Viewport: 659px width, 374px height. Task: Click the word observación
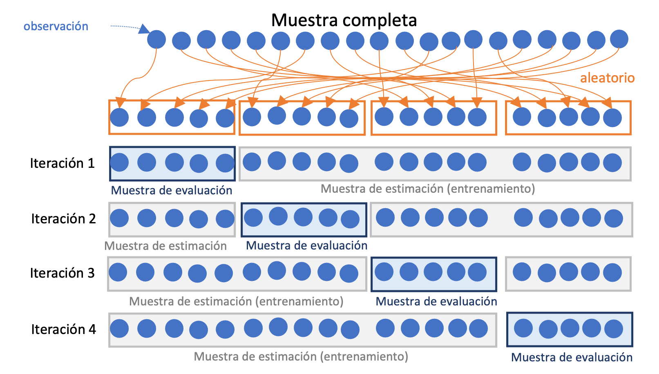pos(56,27)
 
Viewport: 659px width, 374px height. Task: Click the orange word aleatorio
pos(607,78)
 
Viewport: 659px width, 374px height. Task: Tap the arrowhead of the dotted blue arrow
pos(144,29)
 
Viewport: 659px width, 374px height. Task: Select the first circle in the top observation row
pos(156,40)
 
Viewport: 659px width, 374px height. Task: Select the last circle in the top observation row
pos(619,39)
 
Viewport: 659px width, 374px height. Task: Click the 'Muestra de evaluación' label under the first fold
pos(172,190)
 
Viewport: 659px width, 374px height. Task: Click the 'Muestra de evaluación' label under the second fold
pos(306,245)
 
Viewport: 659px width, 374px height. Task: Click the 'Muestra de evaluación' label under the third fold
pos(436,301)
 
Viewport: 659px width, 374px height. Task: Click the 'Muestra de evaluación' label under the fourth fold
pos(572,357)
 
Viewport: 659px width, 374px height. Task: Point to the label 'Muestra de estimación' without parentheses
pos(165,246)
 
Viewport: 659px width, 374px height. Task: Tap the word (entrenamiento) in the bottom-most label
pos(364,356)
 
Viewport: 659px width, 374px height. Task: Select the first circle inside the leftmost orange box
pos(119,118)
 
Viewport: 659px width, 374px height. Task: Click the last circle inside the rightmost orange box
pos(612,118)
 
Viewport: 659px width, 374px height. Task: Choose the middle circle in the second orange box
pos(302,116)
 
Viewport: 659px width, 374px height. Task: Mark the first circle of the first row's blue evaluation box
pos(119,163)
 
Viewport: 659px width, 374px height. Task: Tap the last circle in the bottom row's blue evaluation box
pos(613,329)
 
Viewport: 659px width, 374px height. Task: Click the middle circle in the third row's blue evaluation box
pos(433,272)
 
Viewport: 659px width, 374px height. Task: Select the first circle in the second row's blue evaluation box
pos(253,218)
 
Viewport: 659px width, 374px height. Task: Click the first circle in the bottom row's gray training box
pos(119,328)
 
